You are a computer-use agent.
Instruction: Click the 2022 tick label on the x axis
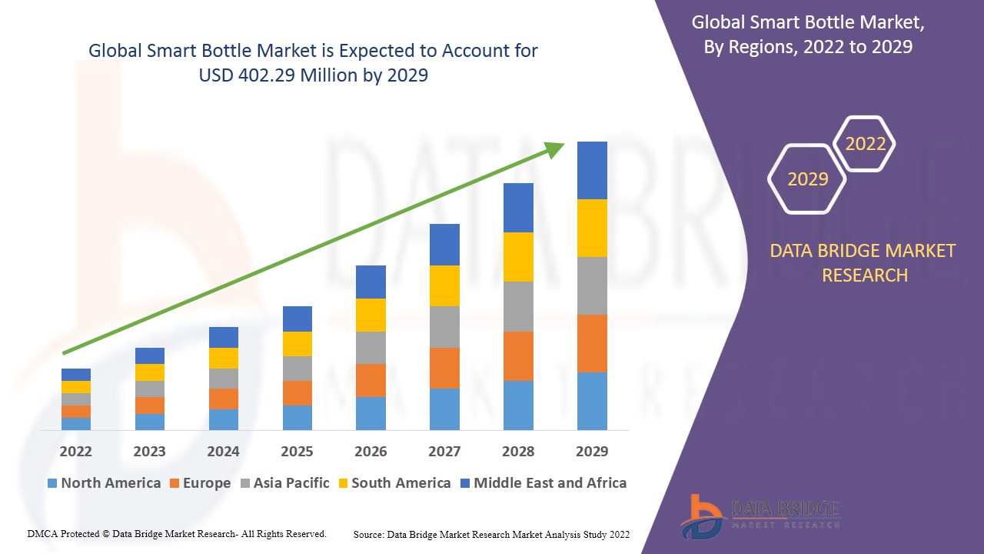pos(75,451)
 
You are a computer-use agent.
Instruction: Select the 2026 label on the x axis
pos(371,451)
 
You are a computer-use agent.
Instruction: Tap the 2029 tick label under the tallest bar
pos(591,451)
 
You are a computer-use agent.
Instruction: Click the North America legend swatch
pos(52,483)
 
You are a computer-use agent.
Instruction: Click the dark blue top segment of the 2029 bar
pos(592,170)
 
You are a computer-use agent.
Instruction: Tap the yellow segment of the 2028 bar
pos(518,256)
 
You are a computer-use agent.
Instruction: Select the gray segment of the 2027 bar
pos(444,327)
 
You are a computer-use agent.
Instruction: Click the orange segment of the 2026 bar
pos(371,380)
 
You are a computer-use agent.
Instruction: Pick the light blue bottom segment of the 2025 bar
pos(298,417)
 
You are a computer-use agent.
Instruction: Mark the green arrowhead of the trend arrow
pos(555,149)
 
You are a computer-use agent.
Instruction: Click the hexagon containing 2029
pos(807,179)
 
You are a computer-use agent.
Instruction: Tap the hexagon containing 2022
pos(865,144)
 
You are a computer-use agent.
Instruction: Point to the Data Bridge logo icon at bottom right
pos(701,516)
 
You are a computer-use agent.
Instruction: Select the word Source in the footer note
pos(368,534)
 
